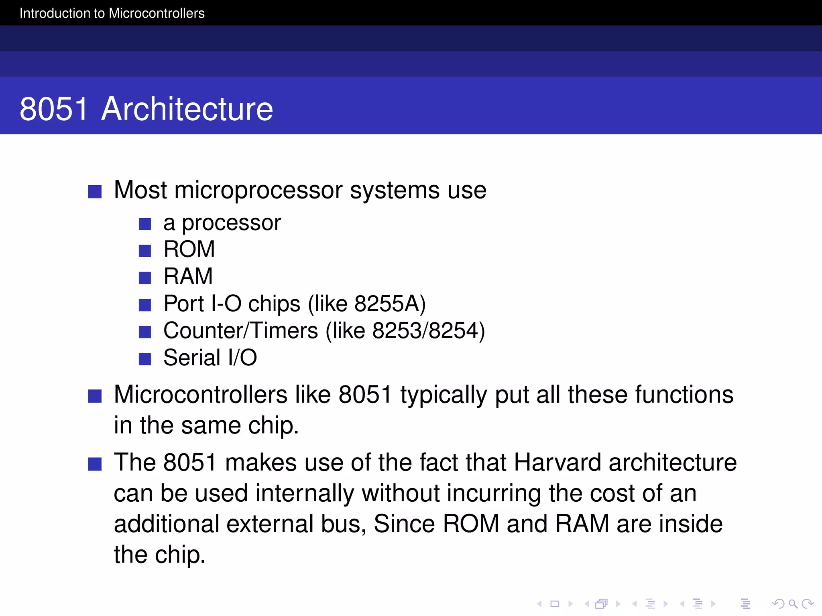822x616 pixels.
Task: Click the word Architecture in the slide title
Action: click(x=187, y=109)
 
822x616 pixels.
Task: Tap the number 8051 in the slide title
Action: click(x=54, y=109)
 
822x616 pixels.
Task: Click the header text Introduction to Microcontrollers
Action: click(x=112, y=13)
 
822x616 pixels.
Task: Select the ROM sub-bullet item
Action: click(x=189, y=249)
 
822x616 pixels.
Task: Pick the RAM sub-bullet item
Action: click(x=188, y=276)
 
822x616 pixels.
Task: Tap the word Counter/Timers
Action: click(x=240, y=331)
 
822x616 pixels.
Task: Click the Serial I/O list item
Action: click(x=210, y=358)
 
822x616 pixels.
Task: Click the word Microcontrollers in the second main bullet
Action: click(x=201, y=395)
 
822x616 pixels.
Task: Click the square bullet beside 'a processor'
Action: click(x=144, y=224)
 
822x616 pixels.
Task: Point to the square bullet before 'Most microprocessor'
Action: click(x=95, y=192)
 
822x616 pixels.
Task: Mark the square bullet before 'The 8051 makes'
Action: click(x=95, y=464)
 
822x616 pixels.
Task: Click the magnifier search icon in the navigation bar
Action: click(x=793, y=604)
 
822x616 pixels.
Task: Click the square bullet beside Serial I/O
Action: click(x=144, y=359)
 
